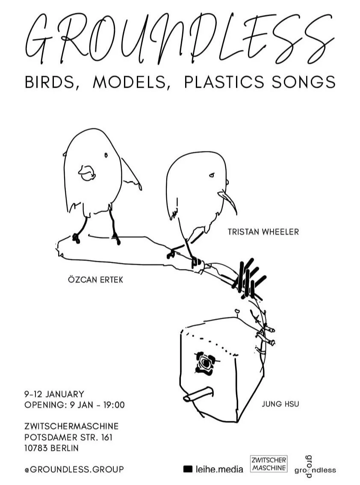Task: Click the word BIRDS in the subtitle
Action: pos(52,82)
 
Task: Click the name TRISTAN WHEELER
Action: pos(263,232)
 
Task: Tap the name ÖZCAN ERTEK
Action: pos(93,280)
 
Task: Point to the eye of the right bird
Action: pos(211,175)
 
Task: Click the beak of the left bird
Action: pos(86,172)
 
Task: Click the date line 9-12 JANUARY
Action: pos(54,394)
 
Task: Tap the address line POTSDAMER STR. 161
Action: pos(68,438)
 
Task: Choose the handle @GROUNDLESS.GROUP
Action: pos(74,469)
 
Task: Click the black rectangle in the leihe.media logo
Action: pos(188,469)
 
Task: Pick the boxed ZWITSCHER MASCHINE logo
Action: pos(269,464)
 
